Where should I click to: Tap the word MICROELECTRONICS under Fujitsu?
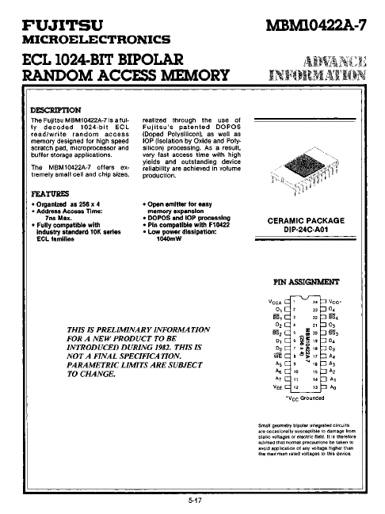point(97,39)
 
